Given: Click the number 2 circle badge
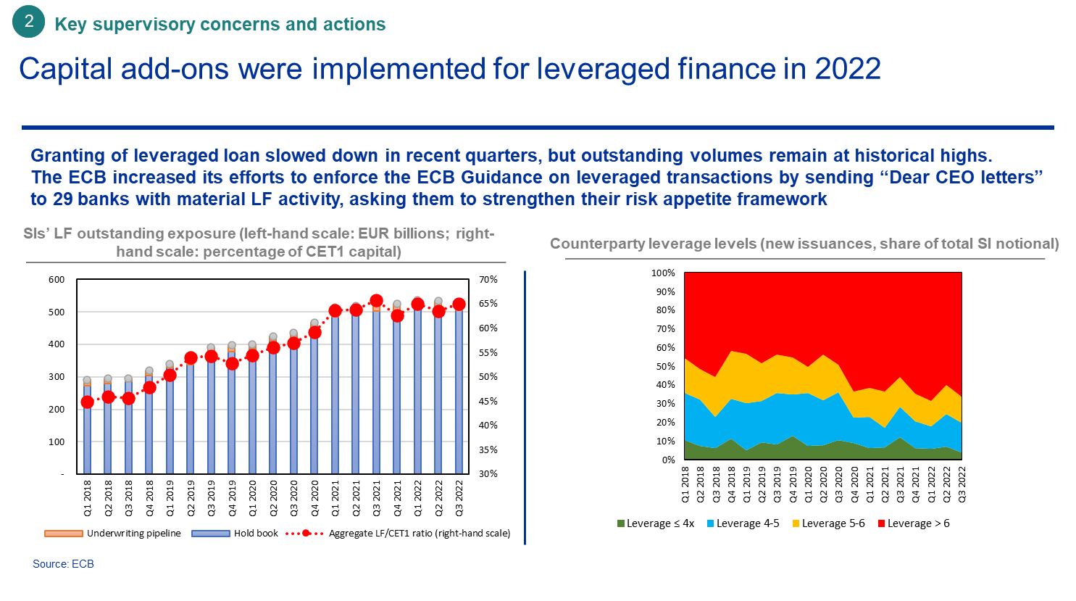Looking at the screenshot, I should [29, 22].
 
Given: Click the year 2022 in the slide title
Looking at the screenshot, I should [848, 69].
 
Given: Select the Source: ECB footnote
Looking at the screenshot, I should [63, 564].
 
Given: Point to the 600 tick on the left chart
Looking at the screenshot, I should [57, 280].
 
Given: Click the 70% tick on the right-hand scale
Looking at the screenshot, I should [488, 280].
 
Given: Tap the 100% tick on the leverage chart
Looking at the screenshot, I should [663, 273].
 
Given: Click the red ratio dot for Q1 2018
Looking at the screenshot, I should [87, 402].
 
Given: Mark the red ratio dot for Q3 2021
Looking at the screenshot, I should [376, 301].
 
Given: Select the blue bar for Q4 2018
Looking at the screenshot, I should [149, 428].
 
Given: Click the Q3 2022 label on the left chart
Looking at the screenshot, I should [459, 498].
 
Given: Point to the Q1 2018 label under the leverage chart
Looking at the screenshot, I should [685, 484].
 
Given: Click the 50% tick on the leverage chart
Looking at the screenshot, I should [666, 367].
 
